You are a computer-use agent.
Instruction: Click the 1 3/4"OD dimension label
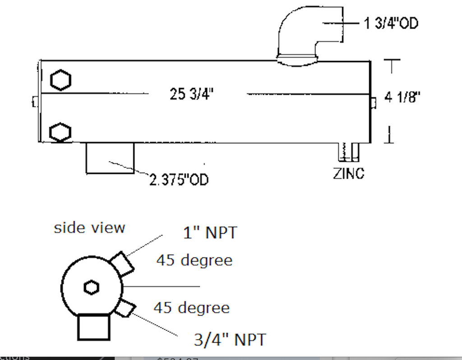pos(391,23)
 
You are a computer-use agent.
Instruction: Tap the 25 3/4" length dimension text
pos(192,94)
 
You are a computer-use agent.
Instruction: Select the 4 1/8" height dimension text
pos(402,97)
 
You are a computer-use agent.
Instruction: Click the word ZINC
pos(349,173)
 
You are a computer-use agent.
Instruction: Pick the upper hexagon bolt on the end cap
pos(60,81)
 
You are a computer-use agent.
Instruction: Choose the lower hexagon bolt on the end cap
pos(60,132)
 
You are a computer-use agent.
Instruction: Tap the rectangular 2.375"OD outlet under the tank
pos(110,157)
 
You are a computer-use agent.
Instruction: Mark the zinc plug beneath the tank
pos(349,152)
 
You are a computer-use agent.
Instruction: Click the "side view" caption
pos(89,227)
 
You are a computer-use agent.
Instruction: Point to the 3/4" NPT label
pos(230,339)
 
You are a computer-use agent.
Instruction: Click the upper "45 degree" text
pos(194,260)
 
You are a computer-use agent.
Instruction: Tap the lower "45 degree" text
pos(192,308)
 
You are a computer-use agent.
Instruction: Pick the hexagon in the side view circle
pos(91,287)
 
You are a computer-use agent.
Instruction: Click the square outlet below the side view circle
pos(94,327)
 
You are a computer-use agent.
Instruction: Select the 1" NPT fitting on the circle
pos(122,264)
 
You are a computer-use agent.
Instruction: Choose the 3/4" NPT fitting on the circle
pos(125,309)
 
